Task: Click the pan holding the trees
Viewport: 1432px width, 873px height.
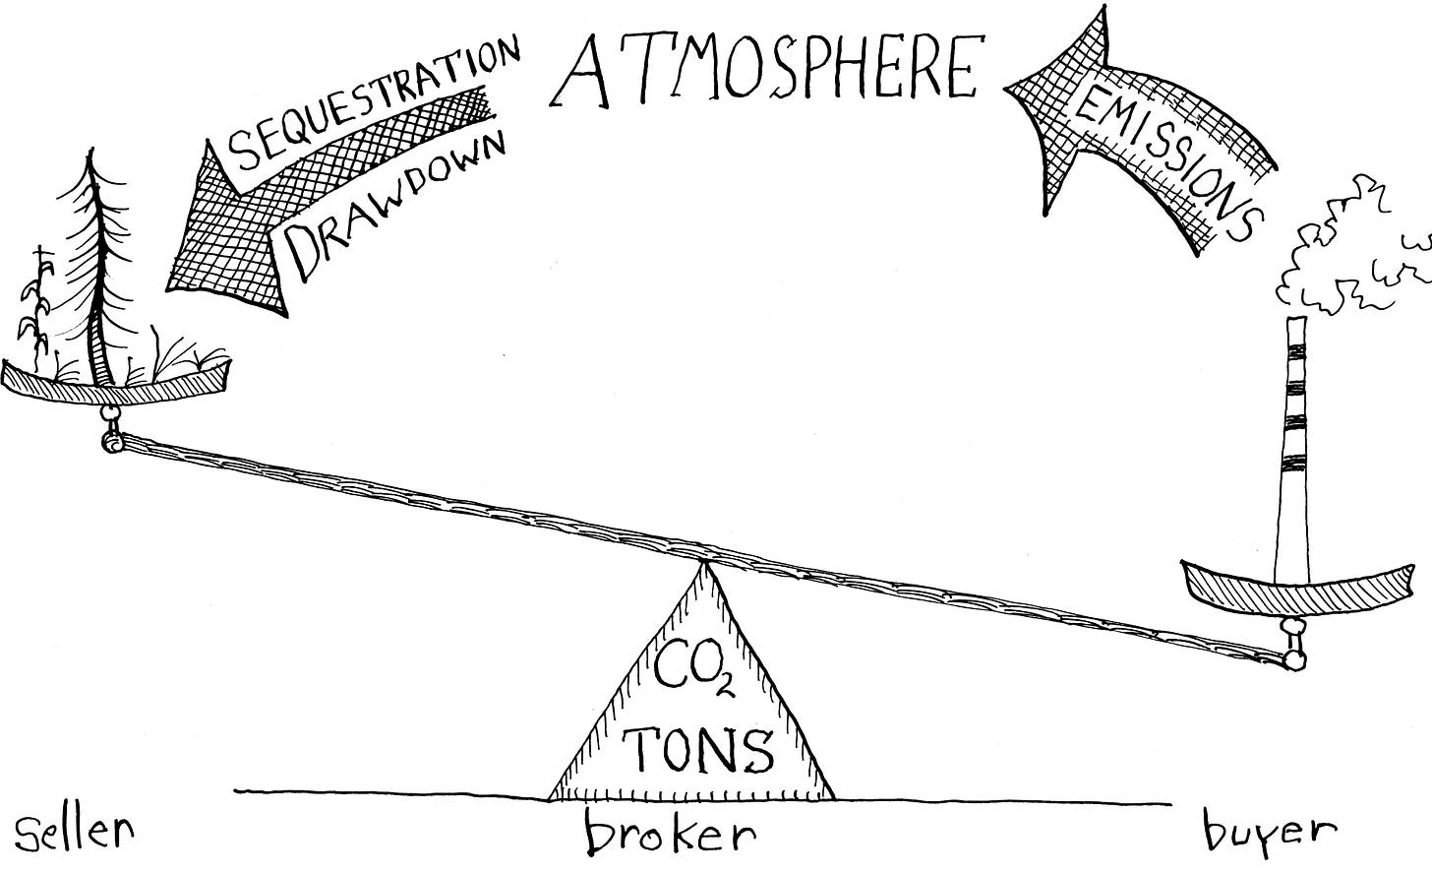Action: click(116, 379)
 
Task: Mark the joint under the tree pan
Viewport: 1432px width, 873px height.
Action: click(111, 428)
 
